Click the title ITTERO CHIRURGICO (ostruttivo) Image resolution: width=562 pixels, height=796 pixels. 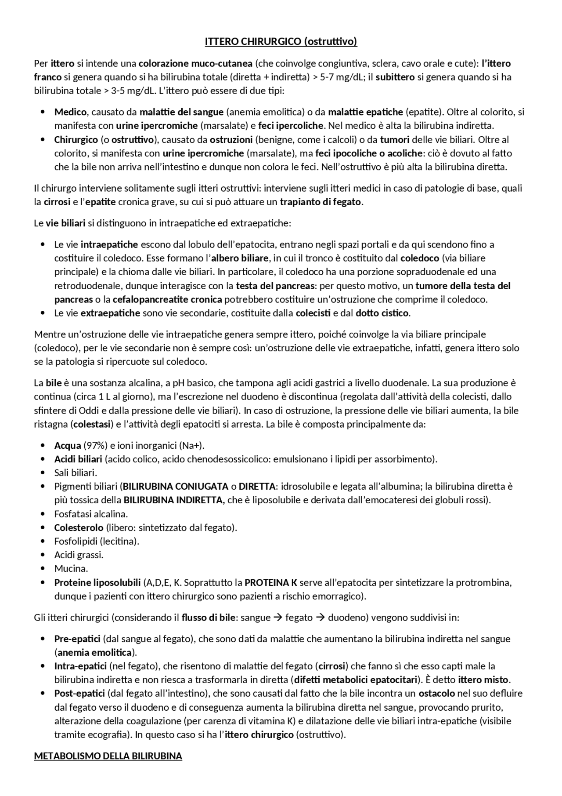(281, 42)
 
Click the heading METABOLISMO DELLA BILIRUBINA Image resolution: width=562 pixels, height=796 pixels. (108, 756)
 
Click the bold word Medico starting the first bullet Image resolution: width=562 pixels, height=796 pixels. (70, 112)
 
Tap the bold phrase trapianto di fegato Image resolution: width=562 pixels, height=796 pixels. (321, 202)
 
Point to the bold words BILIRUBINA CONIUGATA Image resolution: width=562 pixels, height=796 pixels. (176, 486)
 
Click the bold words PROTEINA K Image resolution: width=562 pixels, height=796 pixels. (270, 582)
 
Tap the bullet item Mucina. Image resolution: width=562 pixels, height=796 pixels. (71, 568)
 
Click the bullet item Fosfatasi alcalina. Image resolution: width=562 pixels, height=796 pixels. (91, 514)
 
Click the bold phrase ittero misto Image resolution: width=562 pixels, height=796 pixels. (483, 680)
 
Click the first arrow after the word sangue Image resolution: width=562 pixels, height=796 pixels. (277, 618)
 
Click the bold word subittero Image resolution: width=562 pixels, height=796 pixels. (395, 77)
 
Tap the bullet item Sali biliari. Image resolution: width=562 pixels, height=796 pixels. (76, 473)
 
